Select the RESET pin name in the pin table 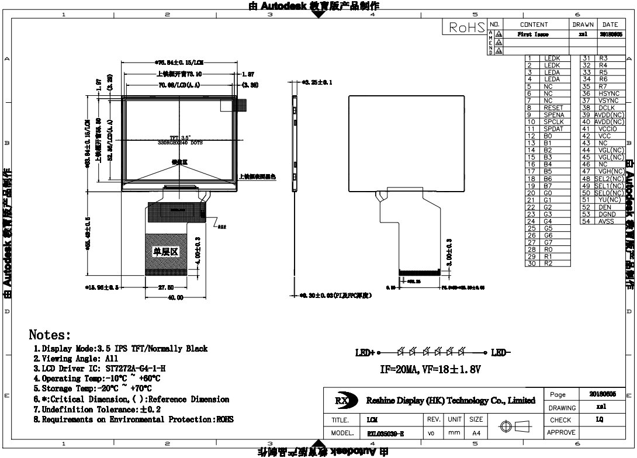coord(553,107)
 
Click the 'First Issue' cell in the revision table coord(532,35)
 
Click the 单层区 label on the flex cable coord(165,252)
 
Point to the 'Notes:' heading coord(50,335)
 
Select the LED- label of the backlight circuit coord(501,353)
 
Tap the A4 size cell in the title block coord(476,434)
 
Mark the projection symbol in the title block coord(512,427)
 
